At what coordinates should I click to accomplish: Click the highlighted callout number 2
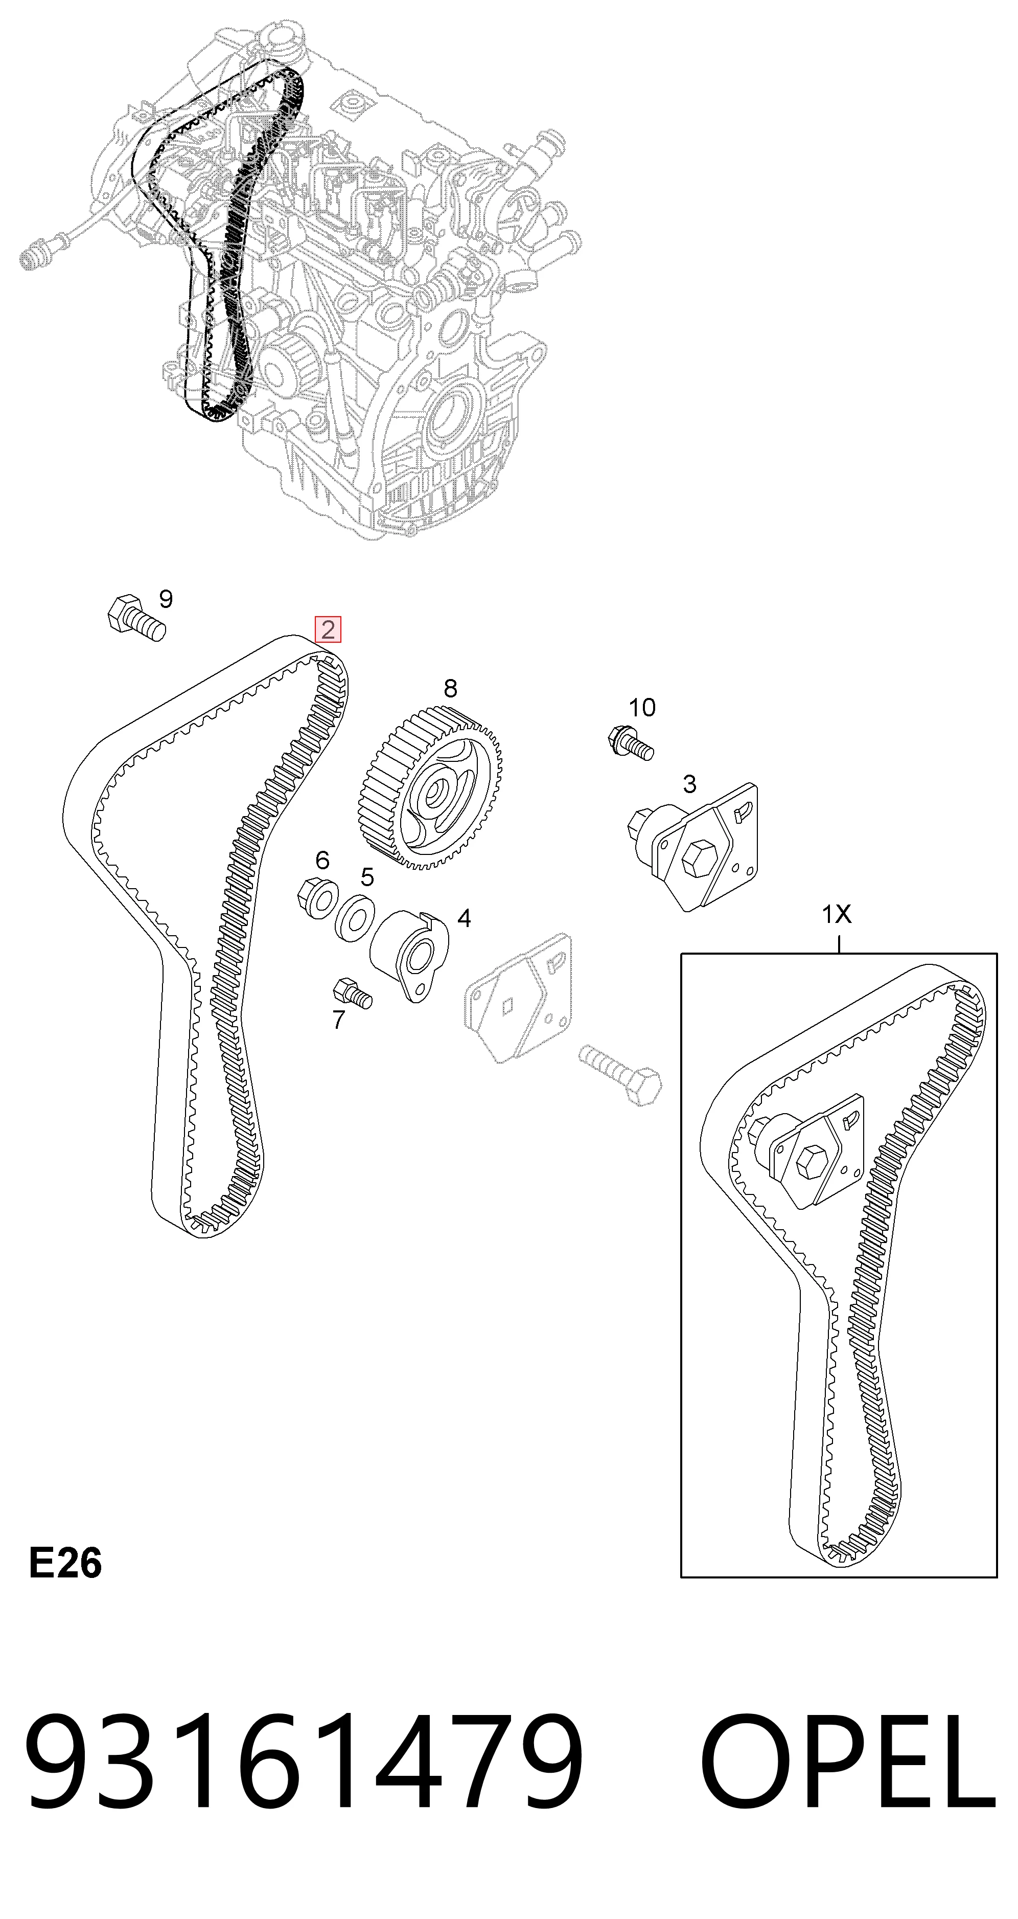(328, 629)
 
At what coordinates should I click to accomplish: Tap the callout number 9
(166, 599)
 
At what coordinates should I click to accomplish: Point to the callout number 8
(450, 688)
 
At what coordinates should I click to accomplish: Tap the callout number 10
(642, 707)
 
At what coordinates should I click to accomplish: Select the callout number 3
(689, 784)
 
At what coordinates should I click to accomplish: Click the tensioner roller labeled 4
(409, 955)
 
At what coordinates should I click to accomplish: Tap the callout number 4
(464, 918)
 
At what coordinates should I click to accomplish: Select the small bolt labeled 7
(352, 993)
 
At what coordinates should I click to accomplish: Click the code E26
(65, 1563)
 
